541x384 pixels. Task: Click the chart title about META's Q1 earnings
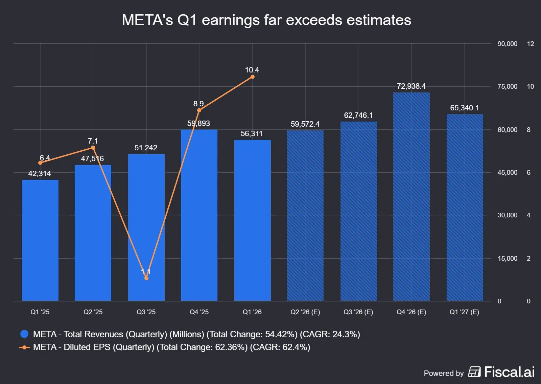[266, 20]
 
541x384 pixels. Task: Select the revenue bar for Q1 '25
[40, 240]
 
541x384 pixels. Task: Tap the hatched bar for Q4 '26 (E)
[411, 196]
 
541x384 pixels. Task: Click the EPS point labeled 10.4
[252, 77]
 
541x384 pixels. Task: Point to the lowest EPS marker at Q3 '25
[146, 278]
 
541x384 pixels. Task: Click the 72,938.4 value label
[411, 86]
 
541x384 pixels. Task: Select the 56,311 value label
[251, 133]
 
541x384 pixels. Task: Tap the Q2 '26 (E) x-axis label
[305, 312]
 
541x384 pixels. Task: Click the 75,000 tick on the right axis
[507, 86]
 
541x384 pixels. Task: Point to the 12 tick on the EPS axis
[530, 44]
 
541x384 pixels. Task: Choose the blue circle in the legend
[24, 334]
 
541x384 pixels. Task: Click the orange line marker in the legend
[24, 347]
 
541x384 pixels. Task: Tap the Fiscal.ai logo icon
[474, 372]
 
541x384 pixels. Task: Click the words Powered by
[443, 373]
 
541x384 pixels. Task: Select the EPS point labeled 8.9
[199, 110]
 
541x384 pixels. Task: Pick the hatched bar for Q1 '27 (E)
[465, 207]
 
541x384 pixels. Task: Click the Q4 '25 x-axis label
[199, 312]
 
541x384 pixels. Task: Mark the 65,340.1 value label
[464, 108]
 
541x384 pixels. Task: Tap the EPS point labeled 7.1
[93, 148]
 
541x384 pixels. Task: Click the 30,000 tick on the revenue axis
[507, 215]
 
